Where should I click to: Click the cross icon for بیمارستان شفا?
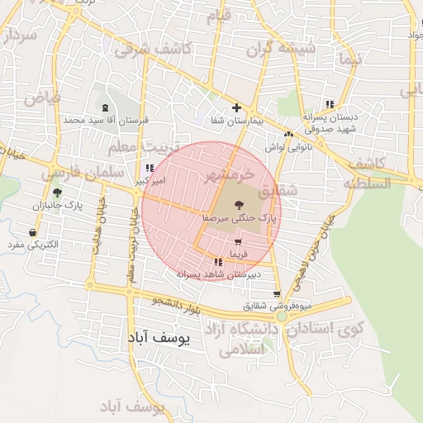(x=237, y=107)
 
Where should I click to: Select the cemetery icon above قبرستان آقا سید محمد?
(x=105, y=107)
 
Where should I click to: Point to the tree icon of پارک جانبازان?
(x=57, y=192)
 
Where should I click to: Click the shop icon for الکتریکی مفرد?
(x=32, y=233)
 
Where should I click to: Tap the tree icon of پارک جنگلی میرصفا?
(x=238, y=203)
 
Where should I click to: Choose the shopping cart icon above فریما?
(x=239, y=242)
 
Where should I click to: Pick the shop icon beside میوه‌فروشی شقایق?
(x=276, y=294)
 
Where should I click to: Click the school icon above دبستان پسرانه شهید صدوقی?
(x=330, y=104)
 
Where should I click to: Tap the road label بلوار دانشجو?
(x=177, y=306)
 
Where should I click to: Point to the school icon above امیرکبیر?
(x=149, y=168)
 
